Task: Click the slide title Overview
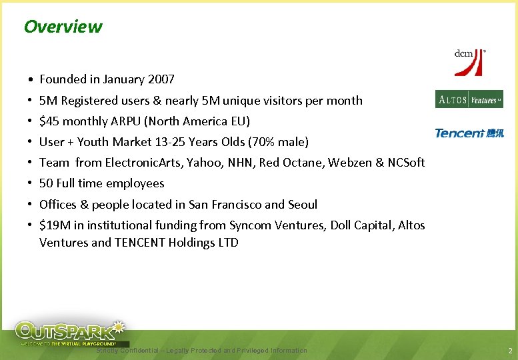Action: [x=63, y=27]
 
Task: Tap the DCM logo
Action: [x=469, y=61]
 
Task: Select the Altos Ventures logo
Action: [x=469, y=99]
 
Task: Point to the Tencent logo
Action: [x=469, y=133]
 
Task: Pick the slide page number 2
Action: [x=509, y=351]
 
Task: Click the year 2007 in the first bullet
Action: [x=162, y=79]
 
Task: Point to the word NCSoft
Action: [x=404, y=163]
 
